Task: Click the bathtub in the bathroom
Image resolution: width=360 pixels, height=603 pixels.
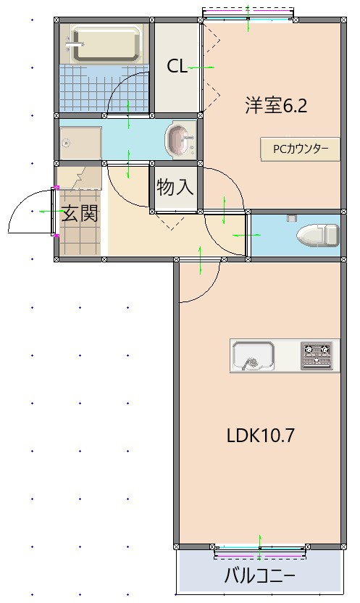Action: point(106,44)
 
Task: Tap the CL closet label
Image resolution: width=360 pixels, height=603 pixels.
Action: point(177,67)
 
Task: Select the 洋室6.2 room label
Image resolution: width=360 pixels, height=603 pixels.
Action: point(276,106)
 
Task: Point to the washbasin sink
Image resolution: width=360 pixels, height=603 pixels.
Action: point(180,139)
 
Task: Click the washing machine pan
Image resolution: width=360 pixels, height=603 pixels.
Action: point(80,142)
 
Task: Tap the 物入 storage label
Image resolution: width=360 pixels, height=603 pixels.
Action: point(175,188)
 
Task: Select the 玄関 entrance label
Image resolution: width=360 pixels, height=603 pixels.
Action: point(79,214)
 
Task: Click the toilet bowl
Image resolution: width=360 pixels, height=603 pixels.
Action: point(317,235)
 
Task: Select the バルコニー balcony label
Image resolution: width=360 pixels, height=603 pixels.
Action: point(259,577)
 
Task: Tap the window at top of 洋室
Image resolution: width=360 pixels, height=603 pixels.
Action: point(248,14)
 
